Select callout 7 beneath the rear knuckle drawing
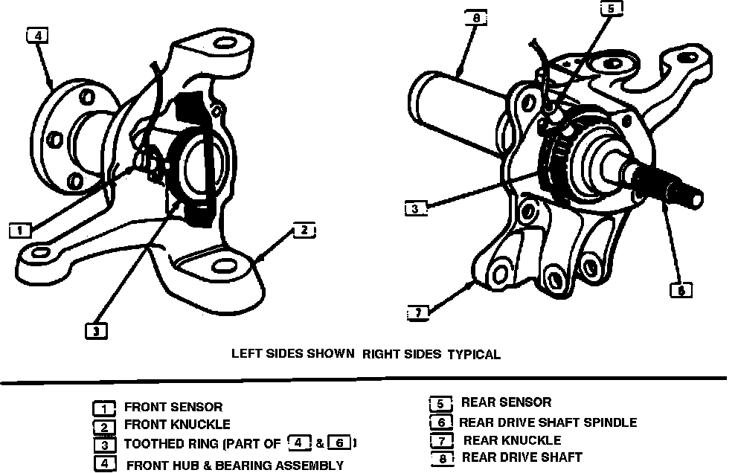(x=419, y=312)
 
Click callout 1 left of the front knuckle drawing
(x=19, y=231)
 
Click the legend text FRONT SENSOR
(x=173, y=407)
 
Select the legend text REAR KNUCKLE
(x=512, y=440)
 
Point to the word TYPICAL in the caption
(x=473, y=354)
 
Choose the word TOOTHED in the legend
(x=150, y=445)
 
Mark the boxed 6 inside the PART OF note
(x=338, y=444)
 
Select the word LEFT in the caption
(x=246, y=353)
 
